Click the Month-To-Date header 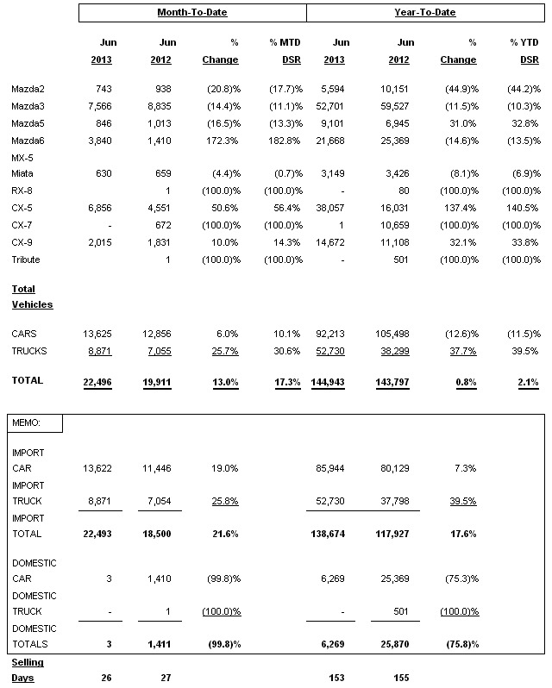192,13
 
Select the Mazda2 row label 28,90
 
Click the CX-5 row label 23,208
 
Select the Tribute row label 26,260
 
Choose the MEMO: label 26,423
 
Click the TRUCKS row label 30,351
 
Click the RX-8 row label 23,191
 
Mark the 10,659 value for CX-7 393,225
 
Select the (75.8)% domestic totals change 461,644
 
